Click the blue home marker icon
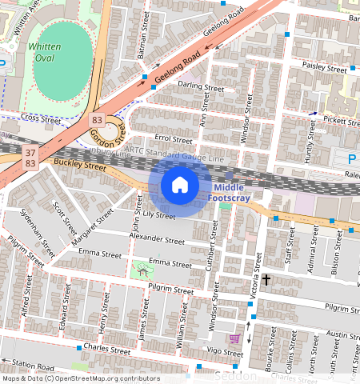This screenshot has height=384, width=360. coord(180,186)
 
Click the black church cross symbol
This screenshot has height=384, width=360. coord(266,280)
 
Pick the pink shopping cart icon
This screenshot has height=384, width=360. coord(234,338)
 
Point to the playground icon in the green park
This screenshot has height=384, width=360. coord(144,270)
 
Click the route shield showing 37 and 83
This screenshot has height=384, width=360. coord(30,158)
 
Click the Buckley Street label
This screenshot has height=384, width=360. coord(80,166)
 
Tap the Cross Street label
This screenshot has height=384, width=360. coord(42,120)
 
